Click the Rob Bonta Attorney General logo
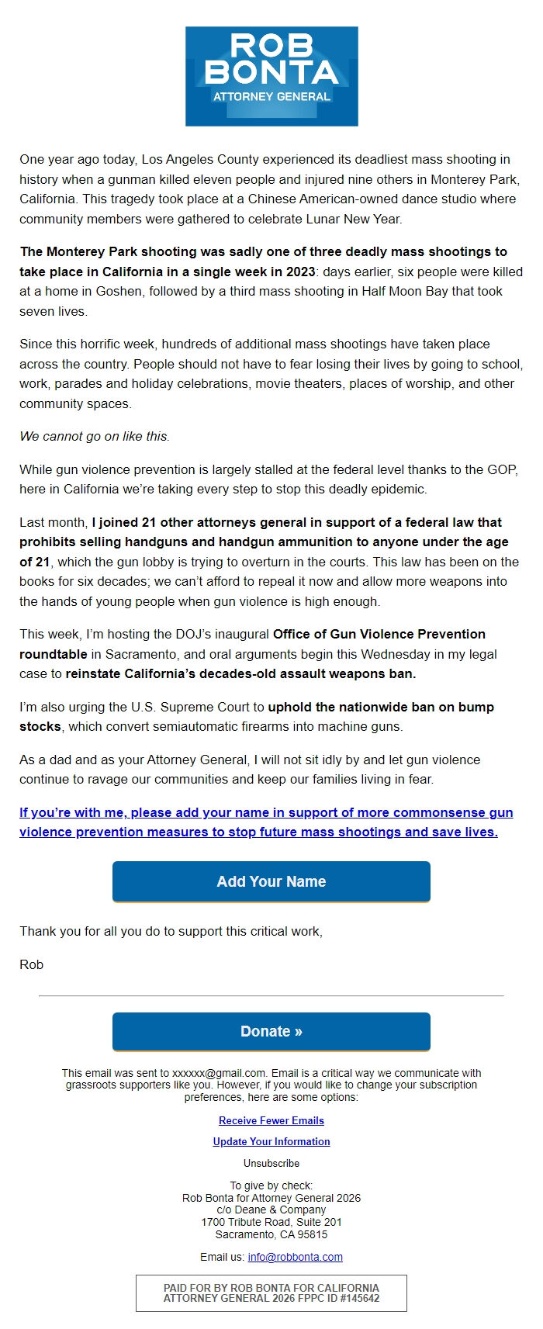click(x=271, y=76)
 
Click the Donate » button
click(x=271, y=1031)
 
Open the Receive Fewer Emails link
click(x=271, y=1120)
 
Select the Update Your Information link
click(x=271, y=1141)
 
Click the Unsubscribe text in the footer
click(x=271, y=1163)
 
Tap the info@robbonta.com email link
click(x=295, y=1257)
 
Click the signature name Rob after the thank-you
click(x=32, y=964)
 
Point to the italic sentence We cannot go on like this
click(x=95, y=436)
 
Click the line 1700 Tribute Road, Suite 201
click(x=271, y=1222)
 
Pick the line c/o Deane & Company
click(x=271, y=1210)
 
